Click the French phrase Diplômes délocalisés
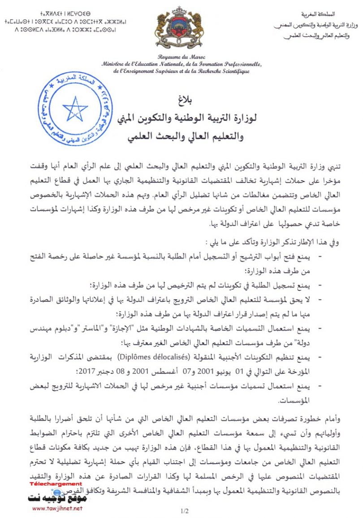pyautogui.click(x=151, y=357)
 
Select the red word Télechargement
pyautogui.click(x=56, y=484)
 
